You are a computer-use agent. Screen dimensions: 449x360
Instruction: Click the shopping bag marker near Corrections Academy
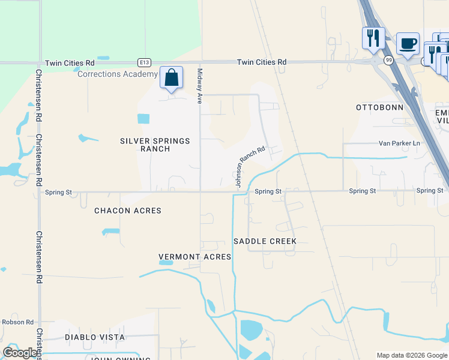tap(172, 78)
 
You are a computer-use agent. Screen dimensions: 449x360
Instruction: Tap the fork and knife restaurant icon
tap(373, 38)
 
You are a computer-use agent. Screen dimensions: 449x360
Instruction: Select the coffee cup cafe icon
tap(408, 44)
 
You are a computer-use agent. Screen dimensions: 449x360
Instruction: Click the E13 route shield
tap(143, 62)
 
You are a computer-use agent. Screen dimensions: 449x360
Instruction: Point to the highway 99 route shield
tap(389, 59)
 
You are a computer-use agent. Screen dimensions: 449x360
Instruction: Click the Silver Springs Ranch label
tap(155, 145)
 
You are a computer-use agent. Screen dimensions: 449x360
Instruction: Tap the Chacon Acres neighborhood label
tap(128, 211)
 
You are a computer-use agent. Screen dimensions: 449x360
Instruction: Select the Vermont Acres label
tap(194, 257)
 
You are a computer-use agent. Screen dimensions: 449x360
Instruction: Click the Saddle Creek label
tap(265, 241)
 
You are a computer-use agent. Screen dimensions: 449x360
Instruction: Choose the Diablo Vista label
tap(95, 337)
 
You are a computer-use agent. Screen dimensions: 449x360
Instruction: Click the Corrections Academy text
tap(118, 74)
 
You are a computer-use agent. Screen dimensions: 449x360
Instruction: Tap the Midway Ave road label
tap(200, 86)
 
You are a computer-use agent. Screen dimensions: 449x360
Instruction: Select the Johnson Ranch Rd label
tap(250, 167)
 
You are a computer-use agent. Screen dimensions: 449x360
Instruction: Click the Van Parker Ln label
tap(399, 143)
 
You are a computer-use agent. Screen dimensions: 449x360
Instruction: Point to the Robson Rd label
tap(17, 322)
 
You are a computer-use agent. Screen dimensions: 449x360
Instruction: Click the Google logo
tap(20, 353)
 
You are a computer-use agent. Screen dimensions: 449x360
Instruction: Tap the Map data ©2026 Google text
tap(411, 355)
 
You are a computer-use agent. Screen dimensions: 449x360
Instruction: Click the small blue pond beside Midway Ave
tap(143, 118)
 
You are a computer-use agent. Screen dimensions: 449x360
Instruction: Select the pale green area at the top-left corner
tap(90, 30)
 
